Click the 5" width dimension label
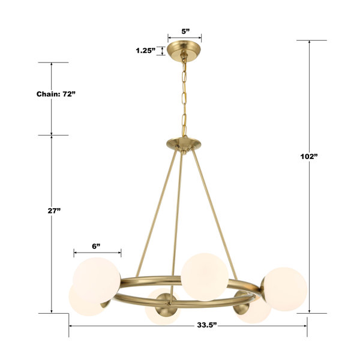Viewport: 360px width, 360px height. point(185,31)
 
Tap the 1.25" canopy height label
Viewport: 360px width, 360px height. point(146,50)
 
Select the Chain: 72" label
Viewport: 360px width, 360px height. point(56,94)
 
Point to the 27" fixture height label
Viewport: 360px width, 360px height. point(54,211)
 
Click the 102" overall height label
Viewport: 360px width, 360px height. point(309,157)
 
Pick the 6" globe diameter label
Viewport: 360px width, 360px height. point(96,247)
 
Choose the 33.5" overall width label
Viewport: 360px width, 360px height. point(207,325)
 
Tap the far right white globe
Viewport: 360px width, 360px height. point(285,289)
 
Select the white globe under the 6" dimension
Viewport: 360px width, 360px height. point(97,281)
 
